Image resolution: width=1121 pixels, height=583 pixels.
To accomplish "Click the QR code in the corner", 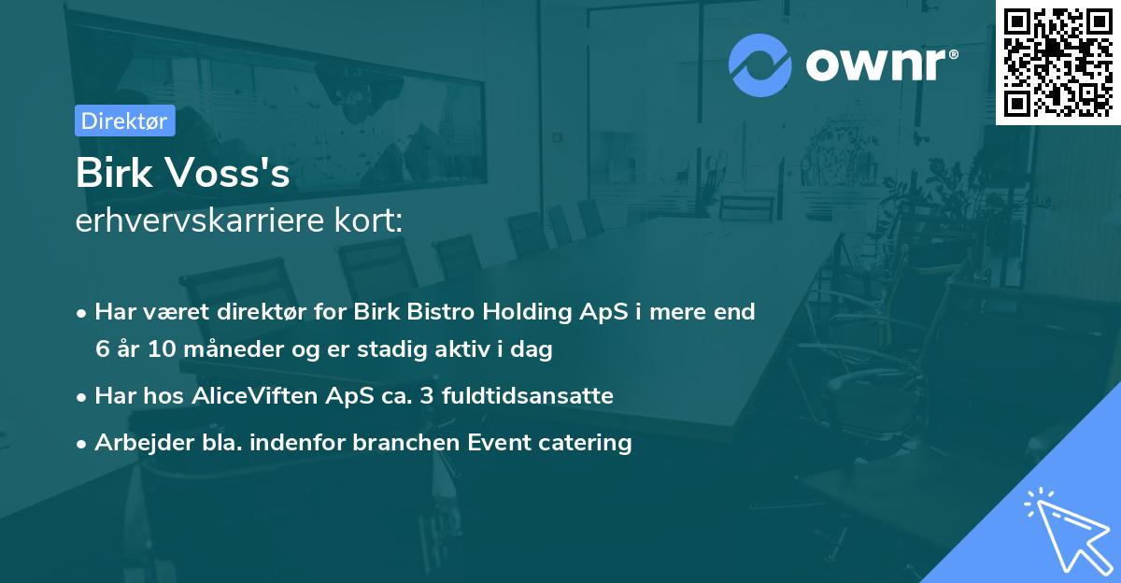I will tap(1057, 62).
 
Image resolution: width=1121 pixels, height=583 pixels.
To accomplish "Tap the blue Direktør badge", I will tap(124, 121).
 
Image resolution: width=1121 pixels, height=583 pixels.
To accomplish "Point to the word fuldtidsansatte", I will tap(537, 396).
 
